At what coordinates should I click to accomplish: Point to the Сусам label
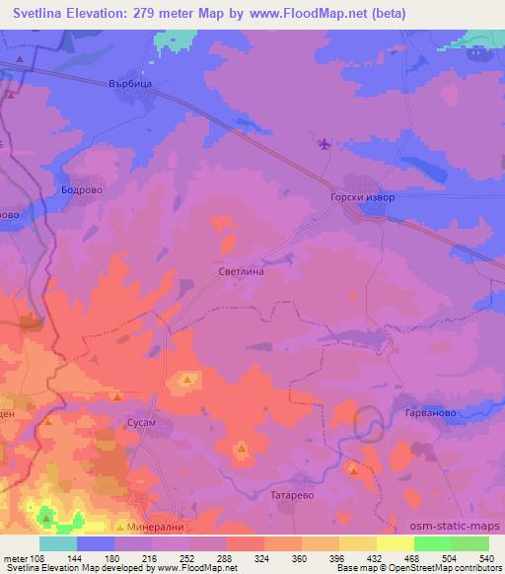pos(142,421)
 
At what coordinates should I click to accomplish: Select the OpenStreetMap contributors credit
pos(449,568)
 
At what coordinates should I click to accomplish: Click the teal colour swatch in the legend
pos(57,543)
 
